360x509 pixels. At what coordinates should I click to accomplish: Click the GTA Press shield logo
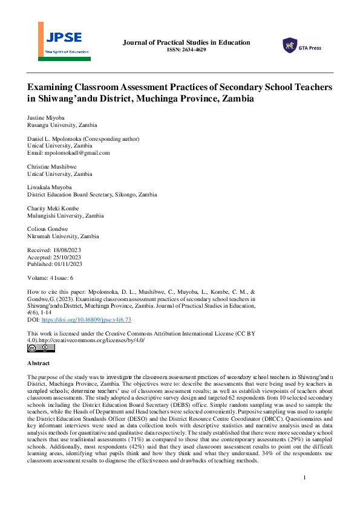pyautogui.click(x=290, y=45)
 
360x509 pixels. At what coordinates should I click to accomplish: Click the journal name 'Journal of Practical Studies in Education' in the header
pyautogui.click(x=186, y=42)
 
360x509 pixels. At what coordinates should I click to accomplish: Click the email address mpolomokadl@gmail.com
pyautogui.click(x=80, y=153)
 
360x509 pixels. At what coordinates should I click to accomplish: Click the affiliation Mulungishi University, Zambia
pyautogui.click(x=65, y=216)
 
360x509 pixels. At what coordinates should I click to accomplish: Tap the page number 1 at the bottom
pyautogui.click(x=304, y=478)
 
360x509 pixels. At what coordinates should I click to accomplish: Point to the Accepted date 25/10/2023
pyautogui.click(x=67, y=258)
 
